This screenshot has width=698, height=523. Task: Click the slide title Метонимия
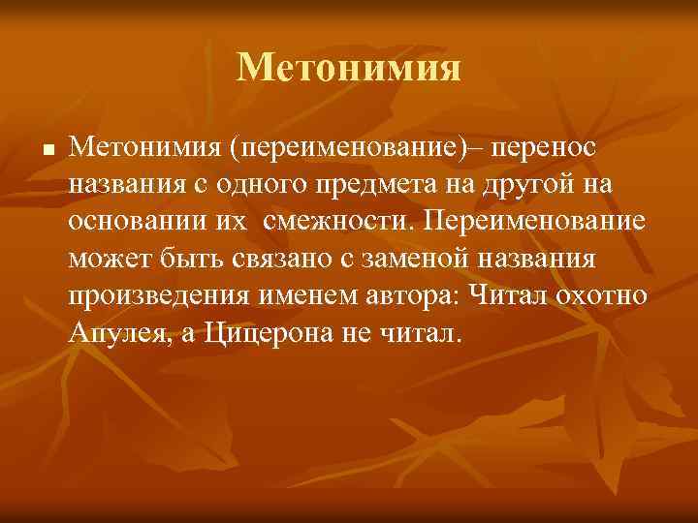(349, 67)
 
